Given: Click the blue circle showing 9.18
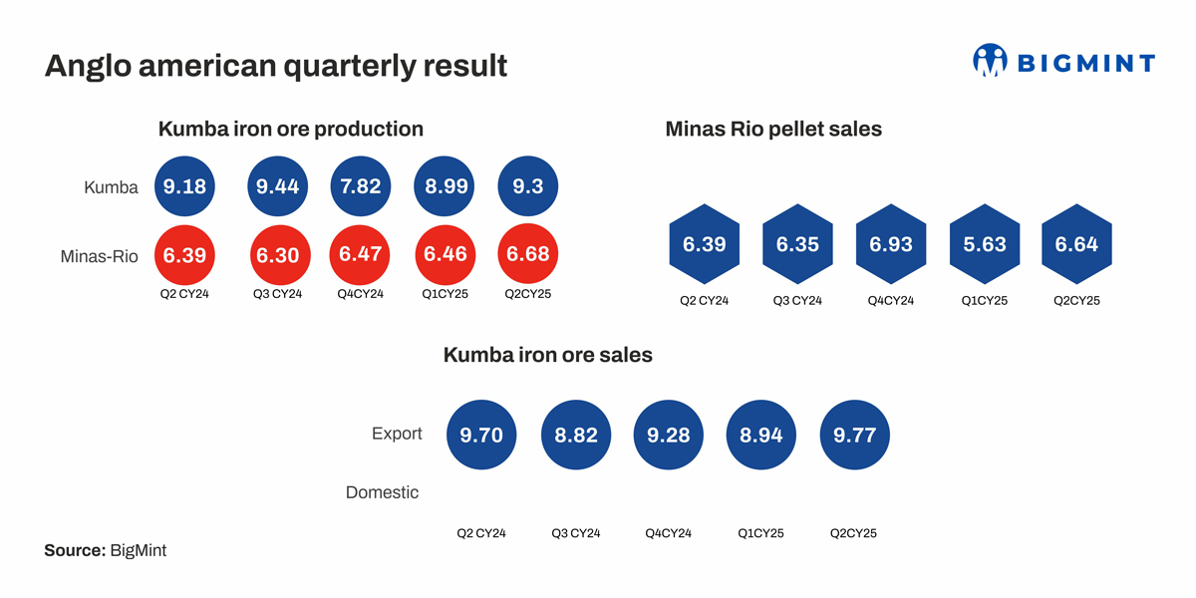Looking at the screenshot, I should (x=184, y=186).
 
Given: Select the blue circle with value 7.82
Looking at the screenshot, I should (x=361, y=186).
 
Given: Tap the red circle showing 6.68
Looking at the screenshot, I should (x=528, y=255).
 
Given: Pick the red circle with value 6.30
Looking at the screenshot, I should (x=278, y=256).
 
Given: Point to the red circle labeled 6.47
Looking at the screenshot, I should (x=361, y=255).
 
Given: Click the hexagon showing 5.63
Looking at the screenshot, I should (x=984, y=245).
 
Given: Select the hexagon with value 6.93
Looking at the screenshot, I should (x=891, y=245).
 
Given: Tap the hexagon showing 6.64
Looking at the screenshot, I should (x=1076, y=245).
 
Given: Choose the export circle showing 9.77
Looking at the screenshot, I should (x=854, y=435).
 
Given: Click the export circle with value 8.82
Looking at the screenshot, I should (x=576, y=435).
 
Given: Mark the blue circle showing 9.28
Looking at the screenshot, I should (x=669, y=435).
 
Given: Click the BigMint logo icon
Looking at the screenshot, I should (x=990, y=62).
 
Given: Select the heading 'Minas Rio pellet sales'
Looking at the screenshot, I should (x=773, y=129).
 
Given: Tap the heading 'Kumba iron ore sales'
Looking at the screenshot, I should (x=548, y=355).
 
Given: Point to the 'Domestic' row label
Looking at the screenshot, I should (x=382, y=492).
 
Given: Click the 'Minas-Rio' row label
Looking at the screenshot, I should (x=99, y=256).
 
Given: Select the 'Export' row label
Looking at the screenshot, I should (x=397, y=434).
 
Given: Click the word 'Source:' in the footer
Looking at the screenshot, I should (x=75, y=550).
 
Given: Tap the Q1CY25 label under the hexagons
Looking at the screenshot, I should (x=984, y=300).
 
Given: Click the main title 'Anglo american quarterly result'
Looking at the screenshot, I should (x=276, y=66).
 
